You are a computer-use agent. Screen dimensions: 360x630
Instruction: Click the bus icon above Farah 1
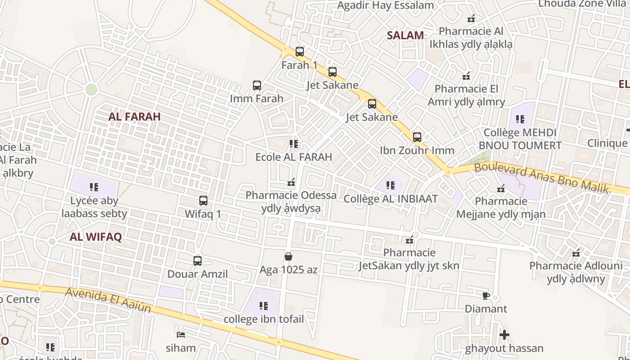coord(300,52)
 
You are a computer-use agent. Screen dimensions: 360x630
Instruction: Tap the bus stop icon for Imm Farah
coord(257,85)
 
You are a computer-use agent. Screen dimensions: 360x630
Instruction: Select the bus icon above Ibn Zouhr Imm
coord(417,137)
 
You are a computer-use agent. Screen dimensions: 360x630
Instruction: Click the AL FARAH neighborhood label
coord(135,117)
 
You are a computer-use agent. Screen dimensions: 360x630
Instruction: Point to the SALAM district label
coord(405,36)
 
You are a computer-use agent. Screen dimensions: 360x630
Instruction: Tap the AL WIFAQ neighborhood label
coord(96,238)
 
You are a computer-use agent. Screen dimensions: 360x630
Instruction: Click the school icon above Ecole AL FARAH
coord(294,144)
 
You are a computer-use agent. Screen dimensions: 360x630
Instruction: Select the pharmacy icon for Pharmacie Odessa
coord(291,182)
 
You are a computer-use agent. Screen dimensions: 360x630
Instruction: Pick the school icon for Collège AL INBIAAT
coord(391,185)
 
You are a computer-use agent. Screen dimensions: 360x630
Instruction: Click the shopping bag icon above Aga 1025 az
coord(288,256)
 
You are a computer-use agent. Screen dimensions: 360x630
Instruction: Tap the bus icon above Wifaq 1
coord(203,201)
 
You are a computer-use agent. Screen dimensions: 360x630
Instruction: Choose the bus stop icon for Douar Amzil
coord(198,261)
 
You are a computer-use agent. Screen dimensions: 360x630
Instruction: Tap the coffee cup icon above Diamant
coord(486,296)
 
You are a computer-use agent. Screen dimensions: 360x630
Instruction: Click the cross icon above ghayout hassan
coord(504,335)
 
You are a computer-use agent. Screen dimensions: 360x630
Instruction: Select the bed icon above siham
coord(181,334)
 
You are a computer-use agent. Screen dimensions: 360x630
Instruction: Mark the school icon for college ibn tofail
coord(264,306)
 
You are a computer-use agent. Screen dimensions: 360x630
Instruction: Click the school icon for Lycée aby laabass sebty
coord(94,187)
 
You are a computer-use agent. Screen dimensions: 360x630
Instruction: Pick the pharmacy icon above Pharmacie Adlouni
coord(576,253)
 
